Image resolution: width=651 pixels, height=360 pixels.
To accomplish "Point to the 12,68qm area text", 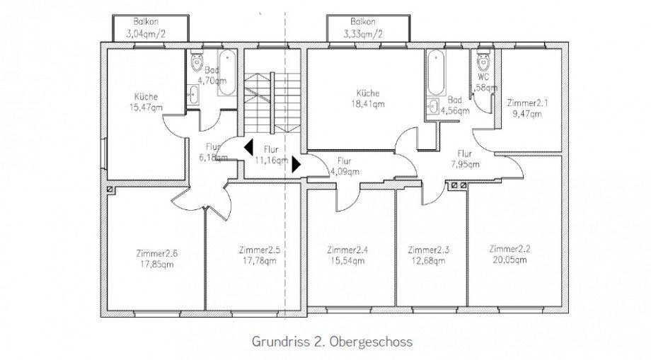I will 427,260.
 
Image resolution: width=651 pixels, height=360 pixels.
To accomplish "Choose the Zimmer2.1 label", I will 527,103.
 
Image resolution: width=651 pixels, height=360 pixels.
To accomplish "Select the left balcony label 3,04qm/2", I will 151,33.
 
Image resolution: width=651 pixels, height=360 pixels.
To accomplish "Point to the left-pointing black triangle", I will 248,148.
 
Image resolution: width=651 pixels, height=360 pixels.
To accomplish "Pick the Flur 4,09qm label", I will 345,166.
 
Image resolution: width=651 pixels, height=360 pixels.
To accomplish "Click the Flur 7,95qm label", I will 465,158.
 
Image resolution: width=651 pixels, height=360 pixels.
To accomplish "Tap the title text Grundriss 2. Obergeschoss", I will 332,341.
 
